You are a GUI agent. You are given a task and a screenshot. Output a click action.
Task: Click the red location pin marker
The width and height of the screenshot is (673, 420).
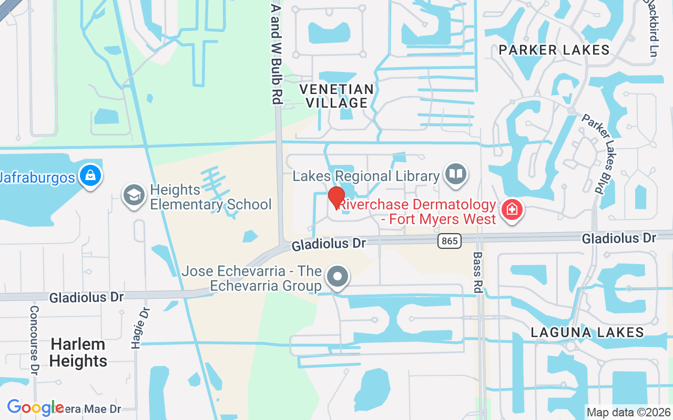click(x=336, y=197)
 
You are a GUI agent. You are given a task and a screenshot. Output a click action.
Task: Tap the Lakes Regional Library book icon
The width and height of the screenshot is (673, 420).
click(x=455, y=174)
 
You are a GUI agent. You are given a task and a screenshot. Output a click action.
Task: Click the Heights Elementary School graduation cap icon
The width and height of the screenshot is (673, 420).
click(x=134, y=195)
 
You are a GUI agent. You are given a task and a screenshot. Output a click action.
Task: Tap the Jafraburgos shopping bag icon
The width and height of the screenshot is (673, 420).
click(x=90, y=176)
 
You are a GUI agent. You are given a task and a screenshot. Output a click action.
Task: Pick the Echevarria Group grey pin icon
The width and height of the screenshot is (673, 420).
click(x=338, y=276)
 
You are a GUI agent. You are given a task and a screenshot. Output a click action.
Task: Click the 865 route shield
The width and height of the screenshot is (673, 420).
click(x=449, y=241)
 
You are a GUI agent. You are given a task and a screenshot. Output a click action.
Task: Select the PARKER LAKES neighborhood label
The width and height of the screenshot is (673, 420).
click(x=554, y=50)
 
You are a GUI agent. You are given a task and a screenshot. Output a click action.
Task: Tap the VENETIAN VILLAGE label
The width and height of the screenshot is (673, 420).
click(x=336, y=96)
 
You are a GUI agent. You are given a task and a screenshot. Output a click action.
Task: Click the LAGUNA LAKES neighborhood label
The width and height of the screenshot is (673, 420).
click(x=587, y=332)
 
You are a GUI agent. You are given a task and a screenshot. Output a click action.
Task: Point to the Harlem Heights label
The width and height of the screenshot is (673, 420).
click(x=79, y=353)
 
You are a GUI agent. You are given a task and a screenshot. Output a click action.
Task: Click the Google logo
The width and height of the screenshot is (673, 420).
click(x=35, y=407)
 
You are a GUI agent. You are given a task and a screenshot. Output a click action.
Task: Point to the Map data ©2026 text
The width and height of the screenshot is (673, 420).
click(x=628, y=412)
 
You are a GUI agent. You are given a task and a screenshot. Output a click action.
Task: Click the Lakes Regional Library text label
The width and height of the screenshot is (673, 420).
click(x=365, y=176)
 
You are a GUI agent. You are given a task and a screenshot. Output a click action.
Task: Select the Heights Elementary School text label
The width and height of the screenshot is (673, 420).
click(x=210, y=197)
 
